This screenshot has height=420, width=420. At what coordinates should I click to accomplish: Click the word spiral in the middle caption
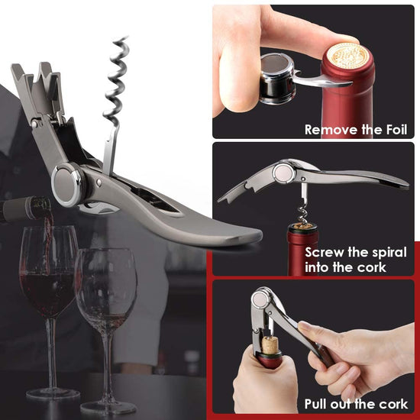(392, 253)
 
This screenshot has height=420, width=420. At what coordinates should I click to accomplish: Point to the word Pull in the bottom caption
(315, 404)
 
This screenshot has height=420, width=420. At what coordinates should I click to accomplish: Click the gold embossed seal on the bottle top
(348, 56)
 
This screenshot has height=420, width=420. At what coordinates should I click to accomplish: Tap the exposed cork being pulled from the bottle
(270, 345)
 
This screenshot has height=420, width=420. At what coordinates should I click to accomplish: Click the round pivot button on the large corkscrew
(68, 185)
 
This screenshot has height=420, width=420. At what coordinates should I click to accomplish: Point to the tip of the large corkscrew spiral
(126, 37)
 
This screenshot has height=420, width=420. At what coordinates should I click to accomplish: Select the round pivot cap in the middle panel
(283, 173)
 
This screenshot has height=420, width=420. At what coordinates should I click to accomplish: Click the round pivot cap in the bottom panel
(261, 300)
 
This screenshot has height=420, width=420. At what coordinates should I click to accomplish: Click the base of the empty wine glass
(108, 408)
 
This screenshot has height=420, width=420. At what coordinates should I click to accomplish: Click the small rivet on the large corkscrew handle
(99, 183)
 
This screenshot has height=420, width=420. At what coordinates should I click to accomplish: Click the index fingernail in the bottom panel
(303, 326)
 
